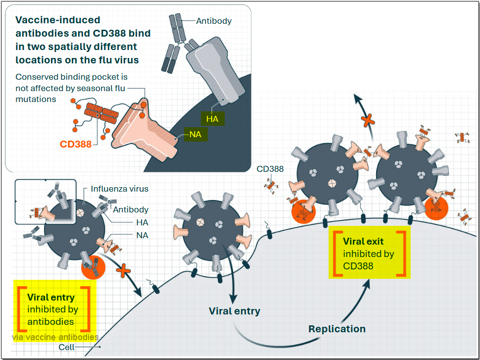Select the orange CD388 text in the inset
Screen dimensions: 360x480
click(x=76, y=145)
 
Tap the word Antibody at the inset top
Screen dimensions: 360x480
click(x=214, y=21)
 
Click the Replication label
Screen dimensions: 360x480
click(x=337, y=329)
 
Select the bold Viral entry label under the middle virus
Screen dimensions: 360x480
click(x=234, y=311)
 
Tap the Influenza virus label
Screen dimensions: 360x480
click(x=120, y=189)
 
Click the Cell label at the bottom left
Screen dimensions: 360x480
click(x=66, y=347)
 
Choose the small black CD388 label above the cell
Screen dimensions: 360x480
click(x=270, y=169)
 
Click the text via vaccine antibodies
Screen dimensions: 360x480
click(x=55, y=337)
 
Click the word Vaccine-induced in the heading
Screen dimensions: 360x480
click(x=58, y=20)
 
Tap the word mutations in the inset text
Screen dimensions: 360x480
click(x=36, y=99)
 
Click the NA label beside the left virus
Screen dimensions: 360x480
click(x=142, y=235)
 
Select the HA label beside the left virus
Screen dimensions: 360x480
click(x=142, y=223)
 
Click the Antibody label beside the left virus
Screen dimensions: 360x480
click(x=131, y=209)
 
